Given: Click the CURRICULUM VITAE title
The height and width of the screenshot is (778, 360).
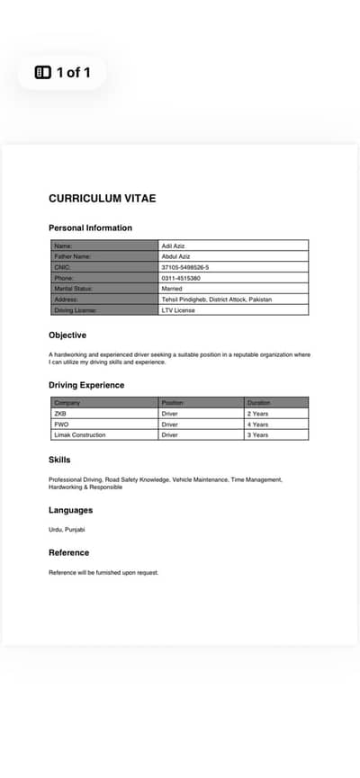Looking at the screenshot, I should (x=102, y=198).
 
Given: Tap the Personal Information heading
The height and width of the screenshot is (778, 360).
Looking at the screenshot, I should (x=90, y=228).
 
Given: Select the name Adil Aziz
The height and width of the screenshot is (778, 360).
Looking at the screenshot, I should (x=173, y=246).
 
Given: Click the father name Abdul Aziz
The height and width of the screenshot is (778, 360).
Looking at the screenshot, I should (x=175, y=256).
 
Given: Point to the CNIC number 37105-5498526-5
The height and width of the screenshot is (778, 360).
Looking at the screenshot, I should (x=185, y=267).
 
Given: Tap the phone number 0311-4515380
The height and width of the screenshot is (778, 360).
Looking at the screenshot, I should (x=181, y=278).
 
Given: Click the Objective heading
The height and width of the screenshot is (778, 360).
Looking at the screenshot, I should (x=67, y=335).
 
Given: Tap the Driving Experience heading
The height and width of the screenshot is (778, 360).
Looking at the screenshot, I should (x=86, y=385).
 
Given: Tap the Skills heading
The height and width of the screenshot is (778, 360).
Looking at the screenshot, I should (x=59, y=460).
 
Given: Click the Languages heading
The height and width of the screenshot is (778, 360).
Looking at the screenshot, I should (x=70, y=510).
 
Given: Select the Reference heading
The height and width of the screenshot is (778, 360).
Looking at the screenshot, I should (x=68, y=552).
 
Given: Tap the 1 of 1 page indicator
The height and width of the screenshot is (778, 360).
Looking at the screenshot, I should (x=62, y=72).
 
